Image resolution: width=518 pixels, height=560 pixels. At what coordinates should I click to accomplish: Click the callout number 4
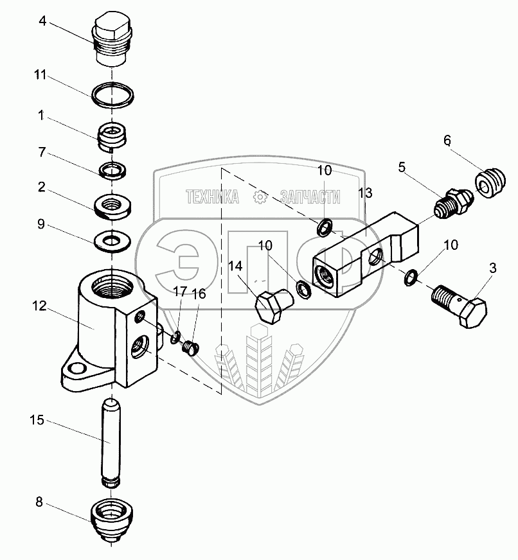[x=42, y=21]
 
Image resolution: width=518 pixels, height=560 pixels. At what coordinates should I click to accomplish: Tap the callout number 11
[x=40, y=75]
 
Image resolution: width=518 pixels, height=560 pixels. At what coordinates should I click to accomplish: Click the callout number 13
[x=365, y=193]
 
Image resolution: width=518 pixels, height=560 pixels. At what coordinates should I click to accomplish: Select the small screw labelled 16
[x=189, y=348]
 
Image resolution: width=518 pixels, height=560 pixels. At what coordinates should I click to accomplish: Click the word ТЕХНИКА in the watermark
[x=212, y=197]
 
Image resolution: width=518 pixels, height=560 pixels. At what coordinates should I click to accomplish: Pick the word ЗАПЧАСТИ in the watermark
[x=310, y=197]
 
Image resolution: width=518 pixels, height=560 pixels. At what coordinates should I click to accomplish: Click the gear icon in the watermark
[x=260, y=197]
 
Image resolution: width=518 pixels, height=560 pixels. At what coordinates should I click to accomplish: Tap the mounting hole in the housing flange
[x=78, y=369]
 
